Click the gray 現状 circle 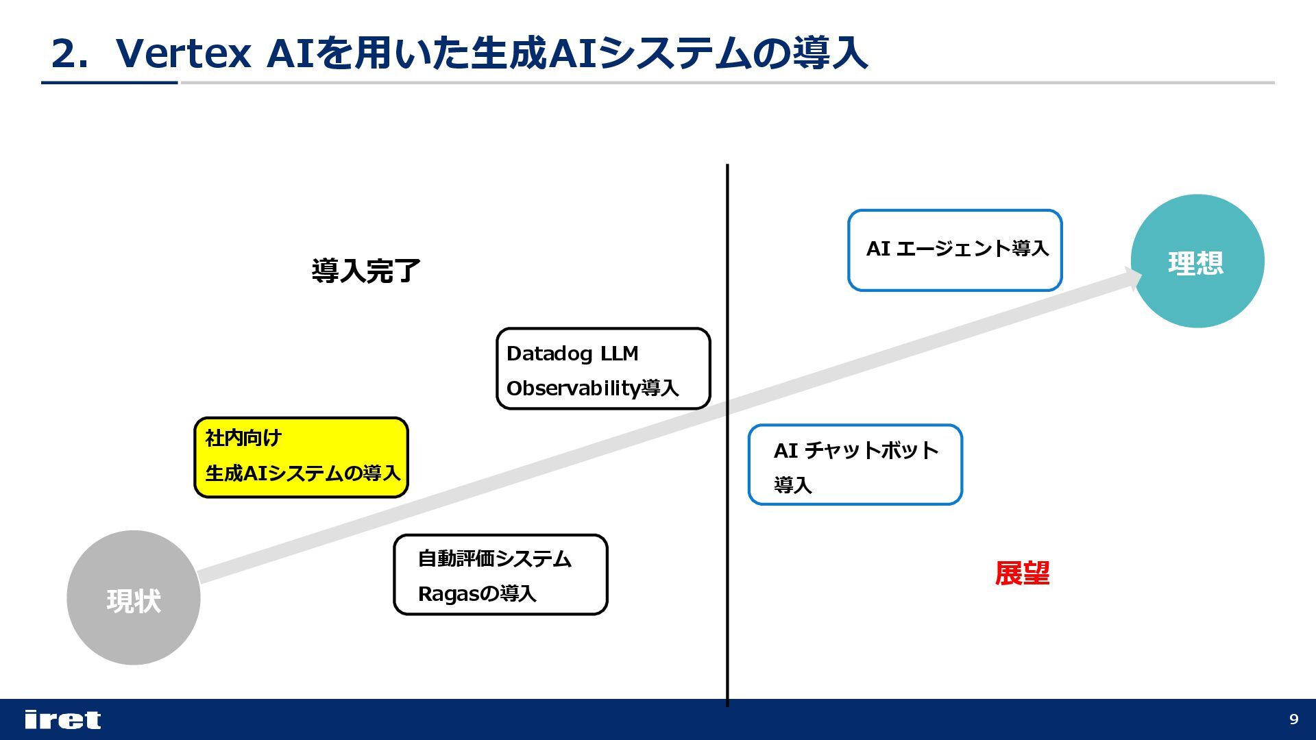[133, 597]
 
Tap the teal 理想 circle [1197, 261]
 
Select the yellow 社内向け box [301, 457]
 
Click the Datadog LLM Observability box [603, 369]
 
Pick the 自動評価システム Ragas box [500, 575]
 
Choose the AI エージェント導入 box [955, 250]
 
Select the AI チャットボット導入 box [855, 465]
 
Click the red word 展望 [1022, 573]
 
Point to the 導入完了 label [365, 271]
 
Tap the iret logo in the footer [62, 719]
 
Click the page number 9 [1293, 719]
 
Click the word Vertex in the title [184, 53]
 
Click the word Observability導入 [592, 388]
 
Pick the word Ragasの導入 [477, 593]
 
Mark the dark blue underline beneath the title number [110, 83]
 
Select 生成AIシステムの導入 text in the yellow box [302, 473]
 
